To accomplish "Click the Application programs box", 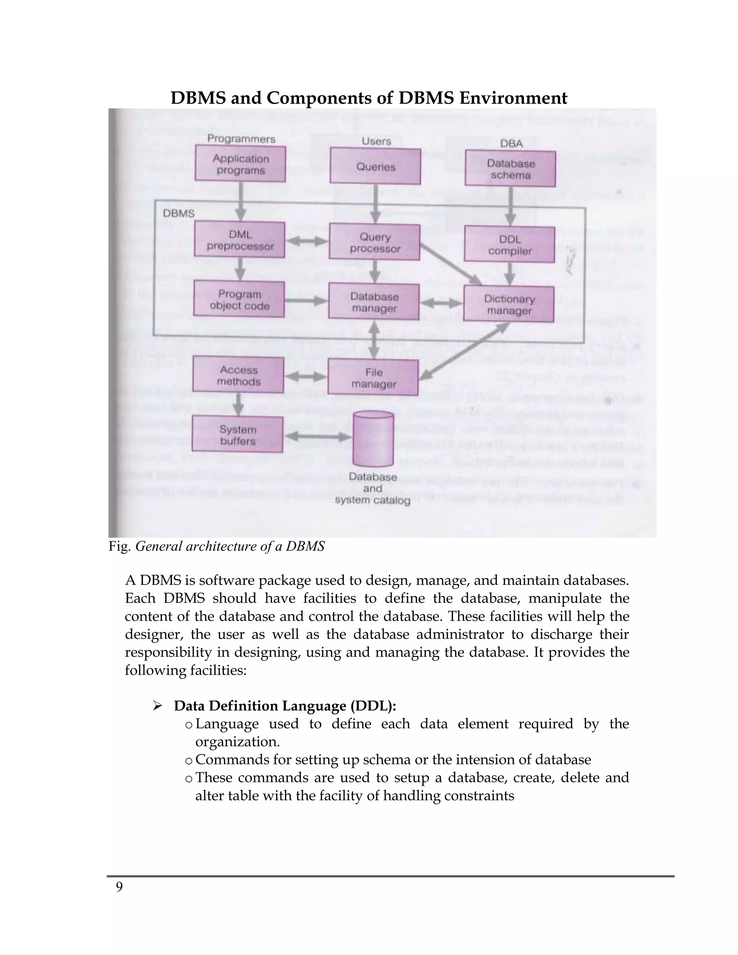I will (x=240, y=164).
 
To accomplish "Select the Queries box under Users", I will (x=375, y=166).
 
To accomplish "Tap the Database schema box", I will (x=510, y=169).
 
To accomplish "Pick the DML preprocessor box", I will (x=240, y=240).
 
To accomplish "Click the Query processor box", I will (x=375, y=242).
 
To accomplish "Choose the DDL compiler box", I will (x=509, y=244).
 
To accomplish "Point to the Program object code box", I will (x=239, y=299).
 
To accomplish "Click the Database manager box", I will (x=374, y=302).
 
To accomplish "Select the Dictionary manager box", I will (x=509, y=305).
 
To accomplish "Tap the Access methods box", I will (x=238, y=375).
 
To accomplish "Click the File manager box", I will (x=373, y=377).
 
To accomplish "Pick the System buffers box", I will (x=237, y=435).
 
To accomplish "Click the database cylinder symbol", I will (x=373, y=439).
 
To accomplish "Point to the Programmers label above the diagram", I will (x=241, y=139).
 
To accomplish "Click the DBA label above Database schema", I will (x=511, y=143).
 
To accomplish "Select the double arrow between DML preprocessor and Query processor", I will (x=307, y=241).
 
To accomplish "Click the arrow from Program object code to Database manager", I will (x=306, y=301).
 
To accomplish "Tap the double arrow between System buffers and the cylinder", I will (x=318, y=436).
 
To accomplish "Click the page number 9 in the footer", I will (x=119, y=887).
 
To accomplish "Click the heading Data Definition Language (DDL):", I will (x=285, y=705).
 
